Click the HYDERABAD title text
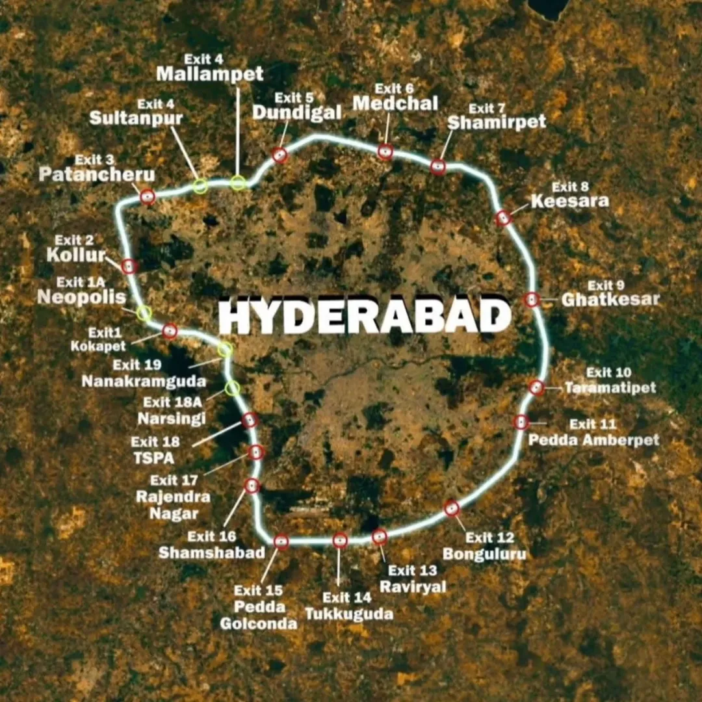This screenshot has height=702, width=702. [364, 317]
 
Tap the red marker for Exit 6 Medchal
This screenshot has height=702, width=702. [385, 152]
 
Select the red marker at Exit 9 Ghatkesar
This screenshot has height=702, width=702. [532, 300]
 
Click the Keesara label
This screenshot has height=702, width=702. [570, 201]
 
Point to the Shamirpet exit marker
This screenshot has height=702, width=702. [439, 167]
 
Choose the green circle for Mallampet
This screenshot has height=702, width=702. [238, 183]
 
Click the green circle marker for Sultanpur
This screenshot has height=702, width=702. [201, 187]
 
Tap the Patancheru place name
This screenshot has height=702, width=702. [97, 175]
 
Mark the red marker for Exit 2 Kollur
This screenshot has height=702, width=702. [129, 266]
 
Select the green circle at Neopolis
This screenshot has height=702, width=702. [144, 313]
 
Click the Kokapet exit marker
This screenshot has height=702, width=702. [170, 331]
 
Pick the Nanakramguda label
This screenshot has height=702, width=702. [144, 382]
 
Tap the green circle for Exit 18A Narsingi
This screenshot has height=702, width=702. [232, 389]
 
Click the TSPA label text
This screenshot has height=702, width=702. [154, 458]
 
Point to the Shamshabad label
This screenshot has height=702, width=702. [212, 552]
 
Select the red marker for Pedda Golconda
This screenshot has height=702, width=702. [281, 541]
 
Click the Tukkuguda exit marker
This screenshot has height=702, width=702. [340, 540]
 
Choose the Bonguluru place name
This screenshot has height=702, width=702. [484, 554]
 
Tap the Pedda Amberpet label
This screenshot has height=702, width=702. [593, 440]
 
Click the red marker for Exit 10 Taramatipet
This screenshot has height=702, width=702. [536, 387]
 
